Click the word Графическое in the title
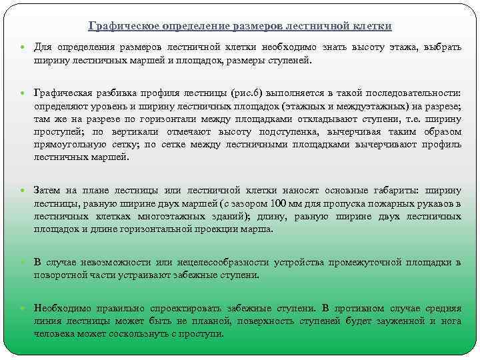coord(119,26)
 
